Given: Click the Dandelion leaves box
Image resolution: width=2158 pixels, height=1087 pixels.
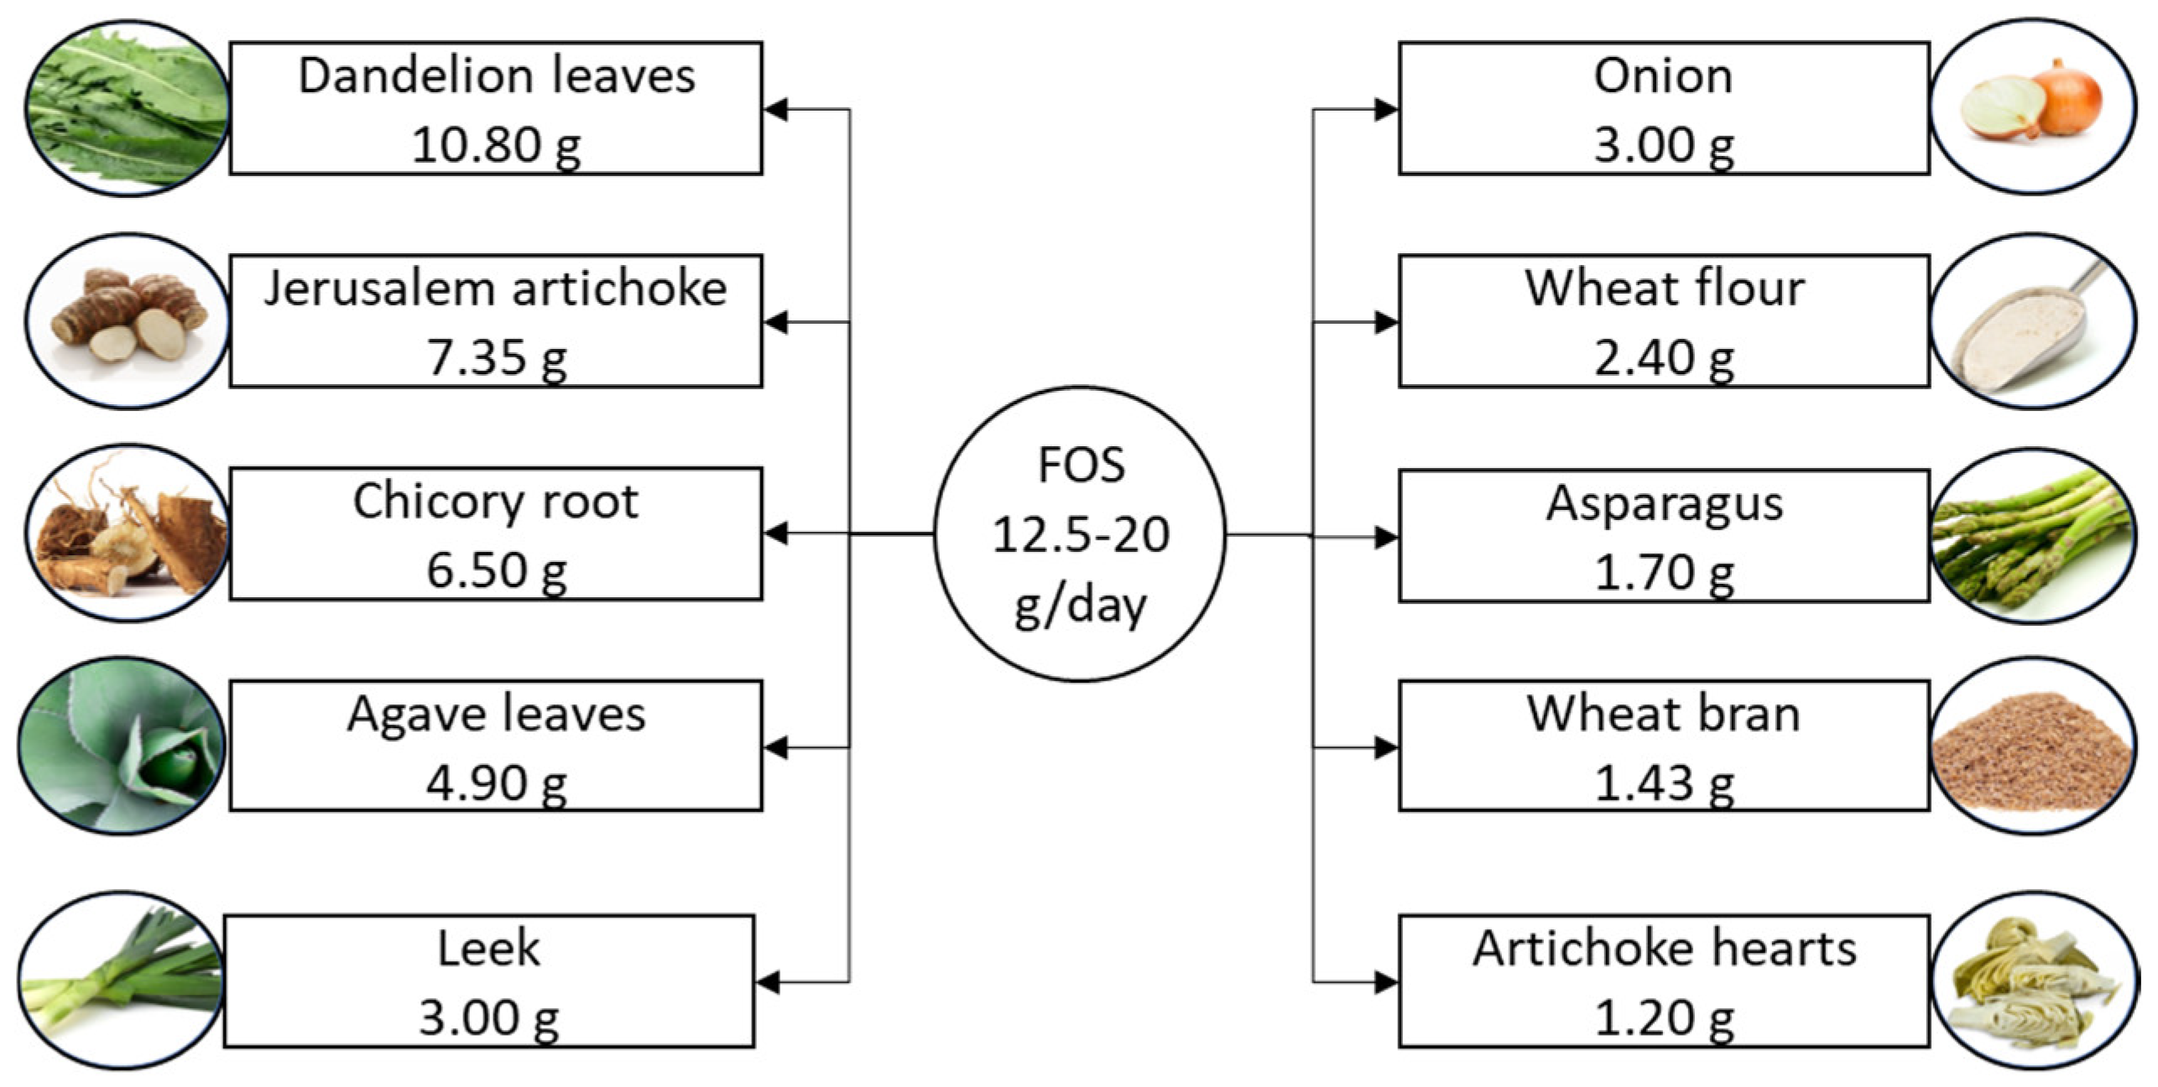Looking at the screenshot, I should pos(496,108).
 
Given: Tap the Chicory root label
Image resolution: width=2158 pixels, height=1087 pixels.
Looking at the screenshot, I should pos(496,502).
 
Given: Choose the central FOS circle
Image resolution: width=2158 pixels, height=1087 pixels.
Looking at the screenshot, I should pos(1080,533).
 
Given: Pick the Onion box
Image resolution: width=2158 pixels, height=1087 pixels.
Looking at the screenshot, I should pos(1664,108).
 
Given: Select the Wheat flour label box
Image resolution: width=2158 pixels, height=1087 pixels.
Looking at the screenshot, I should pos(1664,321).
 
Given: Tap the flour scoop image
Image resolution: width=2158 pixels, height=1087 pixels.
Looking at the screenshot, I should pos(2032,322).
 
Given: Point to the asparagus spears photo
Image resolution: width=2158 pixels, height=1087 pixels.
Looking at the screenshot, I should pos(2032,535).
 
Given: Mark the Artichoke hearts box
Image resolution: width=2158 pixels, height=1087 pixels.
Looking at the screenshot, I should pos(1664,980).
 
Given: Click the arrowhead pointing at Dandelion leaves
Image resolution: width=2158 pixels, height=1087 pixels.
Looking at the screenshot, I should pos(775,109).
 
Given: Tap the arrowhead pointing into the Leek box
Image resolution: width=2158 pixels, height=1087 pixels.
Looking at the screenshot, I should pos(768,982).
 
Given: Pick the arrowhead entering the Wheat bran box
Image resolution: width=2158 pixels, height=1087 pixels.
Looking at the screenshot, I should pos(1386,747).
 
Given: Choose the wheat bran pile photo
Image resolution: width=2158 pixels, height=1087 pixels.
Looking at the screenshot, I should pos(2032,746).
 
